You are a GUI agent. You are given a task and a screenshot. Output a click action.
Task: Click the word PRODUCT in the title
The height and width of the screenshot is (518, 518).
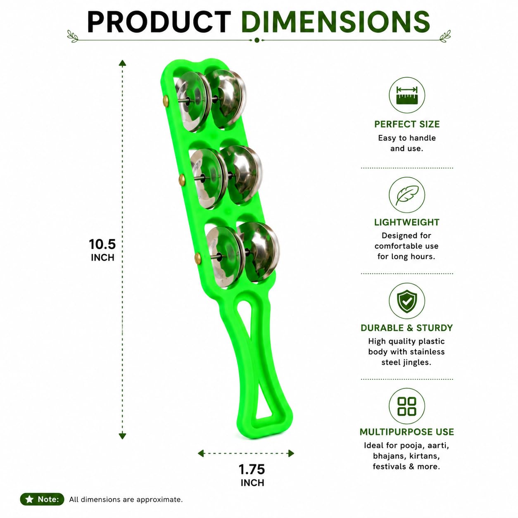159,22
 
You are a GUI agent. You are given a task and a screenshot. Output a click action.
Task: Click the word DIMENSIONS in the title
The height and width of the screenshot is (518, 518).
335,22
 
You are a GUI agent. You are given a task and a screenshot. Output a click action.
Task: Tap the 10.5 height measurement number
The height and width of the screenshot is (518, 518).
102,244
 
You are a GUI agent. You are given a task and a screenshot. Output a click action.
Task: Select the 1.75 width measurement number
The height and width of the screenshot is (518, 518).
252,469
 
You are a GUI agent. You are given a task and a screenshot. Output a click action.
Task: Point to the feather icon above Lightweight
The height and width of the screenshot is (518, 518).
407,195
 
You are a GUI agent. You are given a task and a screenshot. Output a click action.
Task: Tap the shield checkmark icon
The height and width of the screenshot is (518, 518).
407,301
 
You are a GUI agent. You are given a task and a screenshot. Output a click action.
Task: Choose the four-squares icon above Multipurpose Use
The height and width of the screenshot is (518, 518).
407,406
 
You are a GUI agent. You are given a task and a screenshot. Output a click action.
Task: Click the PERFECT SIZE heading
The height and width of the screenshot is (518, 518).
407,124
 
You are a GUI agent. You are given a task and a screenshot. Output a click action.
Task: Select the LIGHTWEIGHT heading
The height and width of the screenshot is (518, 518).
407,222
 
